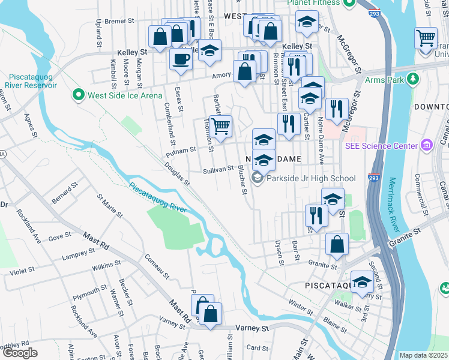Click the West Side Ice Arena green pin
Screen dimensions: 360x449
click(77, 95)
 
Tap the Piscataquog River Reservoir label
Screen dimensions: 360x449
click(33, 80)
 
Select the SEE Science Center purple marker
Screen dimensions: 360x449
click(427, 146)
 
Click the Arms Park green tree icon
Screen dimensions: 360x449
click(412, 79)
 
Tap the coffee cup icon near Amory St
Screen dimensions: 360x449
click(181, 59)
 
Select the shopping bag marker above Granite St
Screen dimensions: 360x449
click(337, 244)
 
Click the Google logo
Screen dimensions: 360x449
click(20, 353)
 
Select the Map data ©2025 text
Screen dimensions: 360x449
click(423, 355)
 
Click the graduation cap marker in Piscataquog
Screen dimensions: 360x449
click(362, 281)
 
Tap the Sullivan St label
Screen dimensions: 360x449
click(217, 170)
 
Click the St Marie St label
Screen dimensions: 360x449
click(110, 205)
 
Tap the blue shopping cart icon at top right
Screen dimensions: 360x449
click(426, 38)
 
